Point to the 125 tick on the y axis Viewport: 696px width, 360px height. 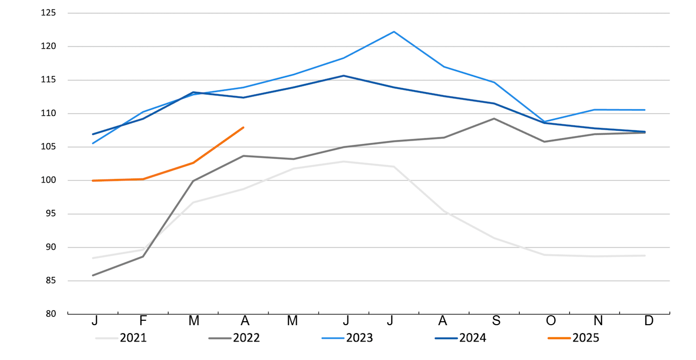[x=48, y=13]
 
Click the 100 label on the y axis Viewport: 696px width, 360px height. [x=48, y=180]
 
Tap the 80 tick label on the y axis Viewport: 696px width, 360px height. [x=50, y=314]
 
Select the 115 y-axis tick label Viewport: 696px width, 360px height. [x=48, y=80]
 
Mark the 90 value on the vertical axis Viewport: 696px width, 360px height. [x=50, y=247]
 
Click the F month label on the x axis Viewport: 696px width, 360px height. [x=143, y=321]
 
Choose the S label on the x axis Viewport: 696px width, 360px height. [x=496, y=321]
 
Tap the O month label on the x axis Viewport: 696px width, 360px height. [x=551, y=321]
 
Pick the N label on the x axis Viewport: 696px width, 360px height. [x=598, y=321]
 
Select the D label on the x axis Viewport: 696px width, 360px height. [x=649, y=321]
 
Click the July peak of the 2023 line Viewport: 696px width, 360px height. [x=394, y=32]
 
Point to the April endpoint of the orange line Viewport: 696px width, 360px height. [x=244, y=127]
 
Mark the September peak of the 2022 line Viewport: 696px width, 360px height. [x=494, y=118]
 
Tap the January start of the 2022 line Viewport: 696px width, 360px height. [x=93, y=275]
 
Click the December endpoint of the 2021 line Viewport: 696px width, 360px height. [x=645, y=256]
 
